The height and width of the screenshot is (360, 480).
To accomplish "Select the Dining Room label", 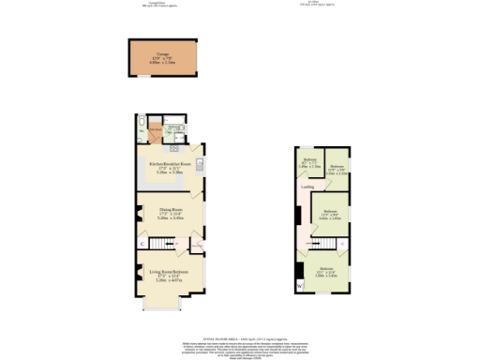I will pyautogui.click(x=169, y=211).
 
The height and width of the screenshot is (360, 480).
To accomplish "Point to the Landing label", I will pyautogui.click(x=307, y=187).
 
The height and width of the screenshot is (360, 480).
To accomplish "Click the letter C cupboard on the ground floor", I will pyautogui.click(x=142, y=244).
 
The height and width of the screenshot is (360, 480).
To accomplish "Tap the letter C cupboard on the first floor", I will pyautogui.click(x=341, y=243).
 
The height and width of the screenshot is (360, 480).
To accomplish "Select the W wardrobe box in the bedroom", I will pyautogui.click(x=300, y=286).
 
